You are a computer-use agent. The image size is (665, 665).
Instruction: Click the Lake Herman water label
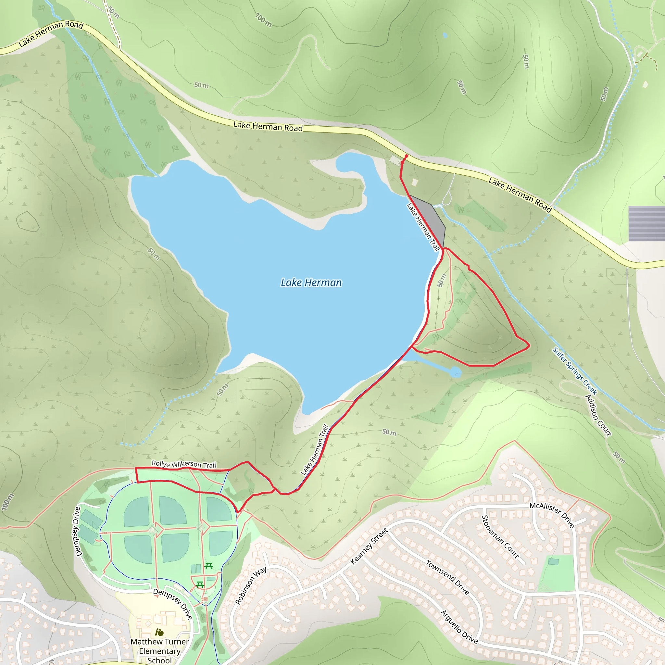311,282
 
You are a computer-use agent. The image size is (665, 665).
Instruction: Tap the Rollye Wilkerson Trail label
184,464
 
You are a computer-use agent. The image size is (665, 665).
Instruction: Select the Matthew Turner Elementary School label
160,651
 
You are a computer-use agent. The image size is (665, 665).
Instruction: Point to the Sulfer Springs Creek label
574,371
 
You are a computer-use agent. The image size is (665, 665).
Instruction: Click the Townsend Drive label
447,577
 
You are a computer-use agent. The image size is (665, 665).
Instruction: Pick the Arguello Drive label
459,626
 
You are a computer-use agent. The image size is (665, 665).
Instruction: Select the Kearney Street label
369,546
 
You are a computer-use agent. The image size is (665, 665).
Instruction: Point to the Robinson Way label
251,585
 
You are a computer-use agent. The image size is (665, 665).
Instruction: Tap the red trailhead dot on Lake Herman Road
407,156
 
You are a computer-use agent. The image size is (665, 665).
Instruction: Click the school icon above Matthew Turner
159,632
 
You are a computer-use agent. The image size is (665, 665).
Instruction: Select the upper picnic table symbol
208,566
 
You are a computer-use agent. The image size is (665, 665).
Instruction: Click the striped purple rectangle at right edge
646,223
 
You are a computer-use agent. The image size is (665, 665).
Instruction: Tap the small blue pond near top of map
445,35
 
